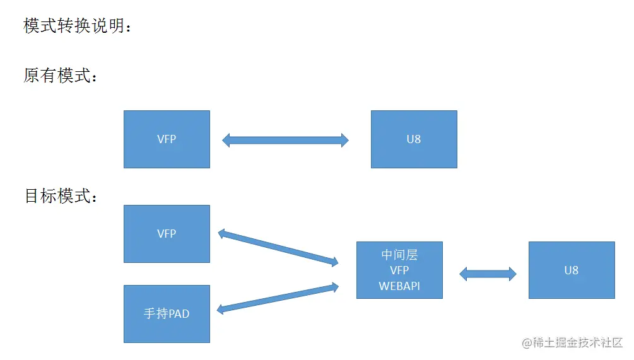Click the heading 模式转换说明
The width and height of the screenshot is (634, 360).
(78, 26)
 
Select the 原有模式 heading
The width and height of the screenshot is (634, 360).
(61, 76)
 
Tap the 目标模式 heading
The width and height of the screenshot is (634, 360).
(61, 196)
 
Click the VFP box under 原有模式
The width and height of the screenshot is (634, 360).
(167, 139)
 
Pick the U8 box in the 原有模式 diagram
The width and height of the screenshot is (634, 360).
(414, 139)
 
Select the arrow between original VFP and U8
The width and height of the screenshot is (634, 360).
(285, 140)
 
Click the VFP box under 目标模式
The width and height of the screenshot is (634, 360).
(167, 234)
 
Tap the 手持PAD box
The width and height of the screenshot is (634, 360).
(167, 313)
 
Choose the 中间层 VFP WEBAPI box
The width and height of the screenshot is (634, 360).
(399, 270)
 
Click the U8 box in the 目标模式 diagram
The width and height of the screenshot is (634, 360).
(572, 270)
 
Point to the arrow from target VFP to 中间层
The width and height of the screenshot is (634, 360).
(278, 248)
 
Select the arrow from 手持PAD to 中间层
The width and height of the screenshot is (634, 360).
(278, 298)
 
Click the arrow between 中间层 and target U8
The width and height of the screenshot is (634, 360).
(488, 274)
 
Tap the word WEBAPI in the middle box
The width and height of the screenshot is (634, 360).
(399, 286)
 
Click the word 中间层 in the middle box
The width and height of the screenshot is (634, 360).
(399, 255)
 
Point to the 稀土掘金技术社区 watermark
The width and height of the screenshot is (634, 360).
(572, 342)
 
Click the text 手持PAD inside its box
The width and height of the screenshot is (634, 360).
(167, 313)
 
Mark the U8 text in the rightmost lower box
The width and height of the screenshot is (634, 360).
(572, 270)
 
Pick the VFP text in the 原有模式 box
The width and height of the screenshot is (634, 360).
(167, 139)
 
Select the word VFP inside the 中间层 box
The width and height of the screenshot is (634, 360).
(399, 270)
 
